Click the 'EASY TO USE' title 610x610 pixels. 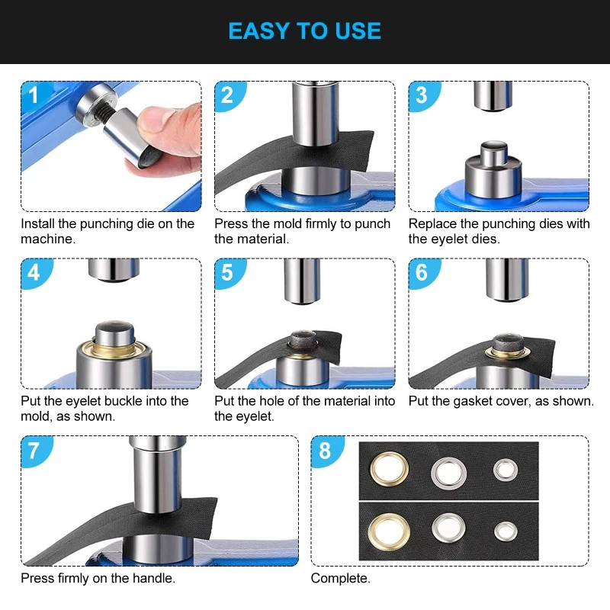click(305, 31)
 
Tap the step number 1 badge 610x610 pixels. click(33, 95)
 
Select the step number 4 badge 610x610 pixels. click(33, 272)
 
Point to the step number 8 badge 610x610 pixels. click(325, 450)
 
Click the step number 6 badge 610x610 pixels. click(422, 272)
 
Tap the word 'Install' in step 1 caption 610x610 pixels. click(38, 224)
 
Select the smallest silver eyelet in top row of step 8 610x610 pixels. click(503, 470)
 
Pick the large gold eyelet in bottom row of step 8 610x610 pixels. click(387, 528)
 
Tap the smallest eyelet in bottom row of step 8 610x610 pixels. click(503, 528)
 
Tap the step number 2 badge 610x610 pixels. click(227, 95)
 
